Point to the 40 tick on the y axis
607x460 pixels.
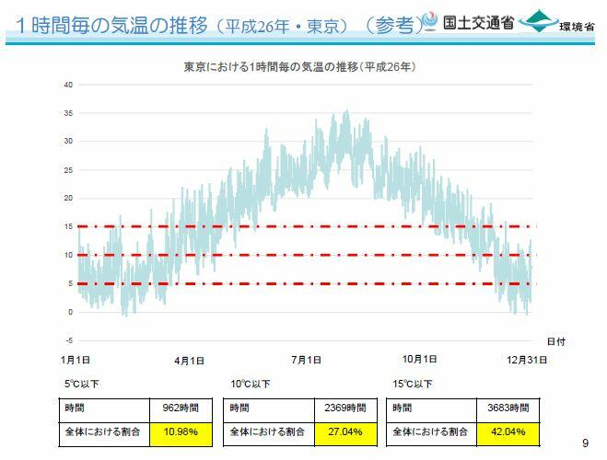68,85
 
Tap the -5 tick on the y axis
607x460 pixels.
68,340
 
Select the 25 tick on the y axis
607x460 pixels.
68,170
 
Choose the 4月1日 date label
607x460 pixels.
189,359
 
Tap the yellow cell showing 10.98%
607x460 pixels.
181,431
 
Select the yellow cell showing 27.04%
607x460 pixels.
341,431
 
